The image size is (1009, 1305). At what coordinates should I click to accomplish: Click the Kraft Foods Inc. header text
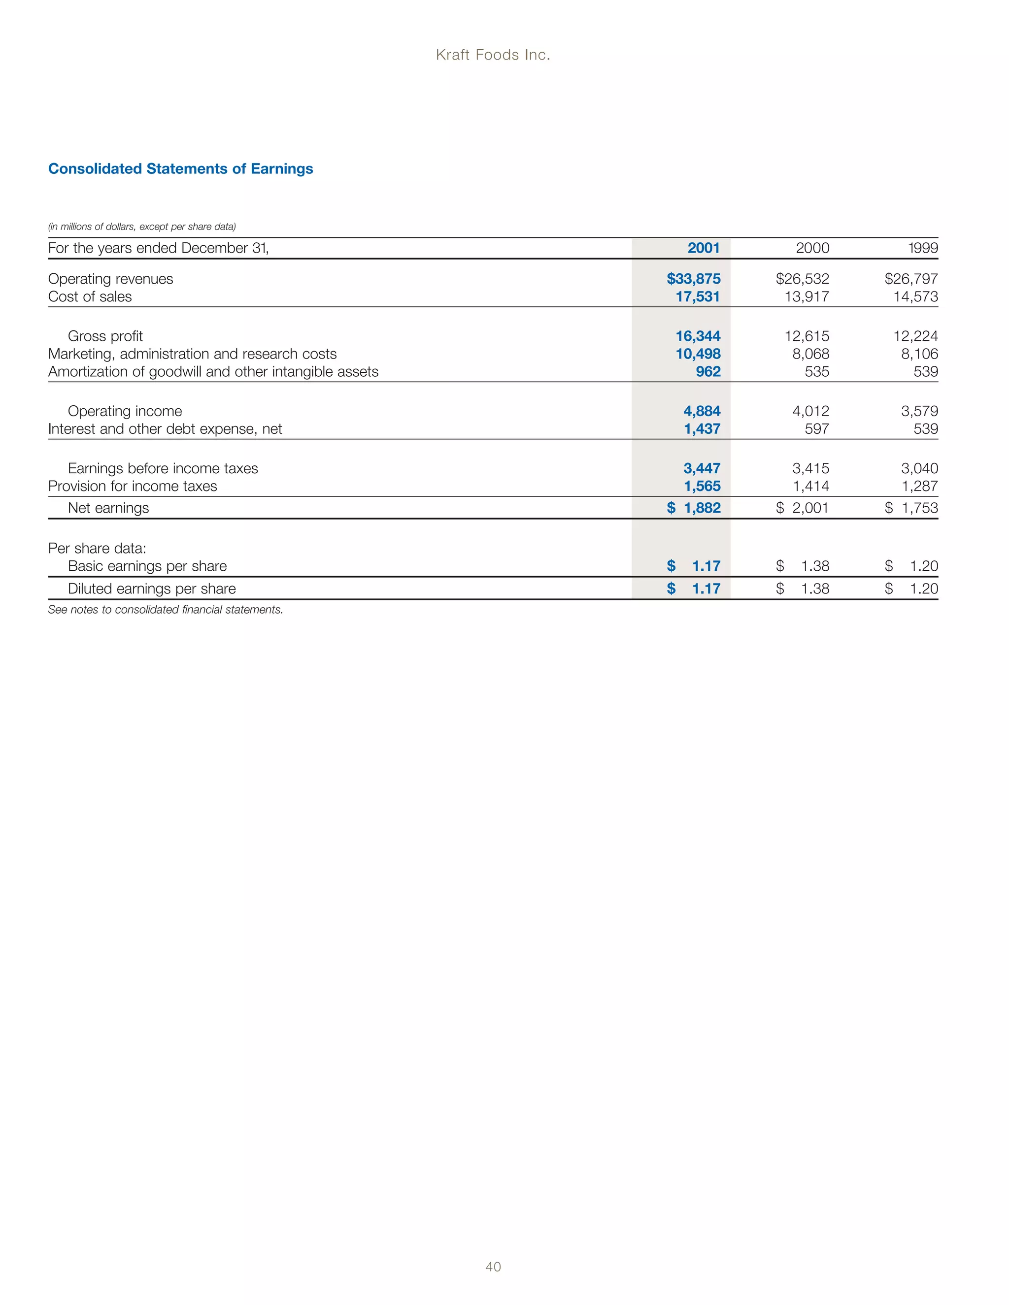coord(493,55)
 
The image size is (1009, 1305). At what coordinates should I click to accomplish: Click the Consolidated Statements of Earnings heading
coord(180,168)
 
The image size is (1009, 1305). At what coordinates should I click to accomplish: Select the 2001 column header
coord(704,248)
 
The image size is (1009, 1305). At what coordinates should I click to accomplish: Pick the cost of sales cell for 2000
coord(807,297)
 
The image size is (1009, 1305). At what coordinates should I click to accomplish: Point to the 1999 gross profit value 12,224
coord(915,336)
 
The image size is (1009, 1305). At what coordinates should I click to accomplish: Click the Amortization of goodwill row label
coord(213,372)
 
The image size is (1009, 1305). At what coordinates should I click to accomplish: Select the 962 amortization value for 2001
coord(708,372)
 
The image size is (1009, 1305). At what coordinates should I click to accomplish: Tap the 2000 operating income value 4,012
coord(810,411)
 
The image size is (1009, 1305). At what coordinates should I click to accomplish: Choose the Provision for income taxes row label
coord(133,487)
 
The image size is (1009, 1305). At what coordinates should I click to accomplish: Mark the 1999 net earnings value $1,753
coord(911,508)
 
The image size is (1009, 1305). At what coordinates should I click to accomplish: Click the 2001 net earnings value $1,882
coord(694,508)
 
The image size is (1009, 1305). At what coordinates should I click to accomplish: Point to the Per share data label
coord(97,548)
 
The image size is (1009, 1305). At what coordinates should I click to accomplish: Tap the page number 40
coord(493,1267)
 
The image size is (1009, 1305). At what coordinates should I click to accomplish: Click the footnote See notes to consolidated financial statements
coord(166,610)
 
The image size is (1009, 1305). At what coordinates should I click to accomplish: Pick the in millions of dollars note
coord(142,227)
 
